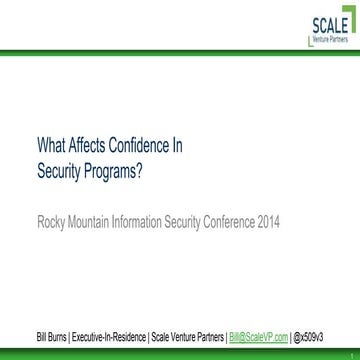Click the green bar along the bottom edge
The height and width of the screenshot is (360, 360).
(x=180, y=353)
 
